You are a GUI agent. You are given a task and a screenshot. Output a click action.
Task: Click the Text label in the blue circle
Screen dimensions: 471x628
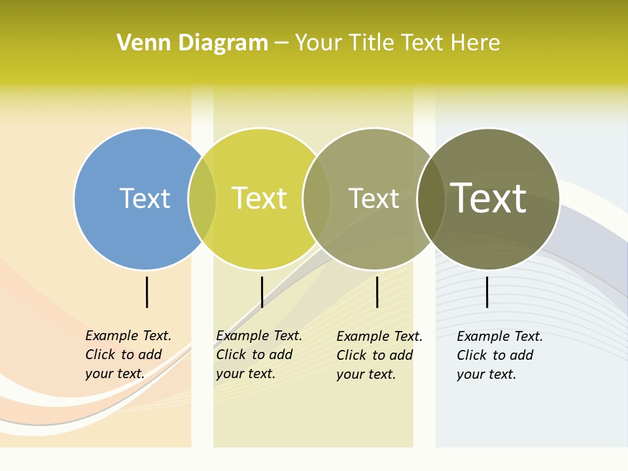(x=145, y=198)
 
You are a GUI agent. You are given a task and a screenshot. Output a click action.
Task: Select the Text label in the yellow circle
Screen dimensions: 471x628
(x=259, y=198)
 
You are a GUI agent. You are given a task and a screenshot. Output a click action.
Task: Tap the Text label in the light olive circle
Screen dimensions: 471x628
(x=374, y=198)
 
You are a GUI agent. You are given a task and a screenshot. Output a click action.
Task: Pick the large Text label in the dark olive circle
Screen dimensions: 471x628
(x=488, y=198)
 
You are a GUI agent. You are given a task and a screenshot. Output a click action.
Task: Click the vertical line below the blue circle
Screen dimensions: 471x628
(x=147, y=292)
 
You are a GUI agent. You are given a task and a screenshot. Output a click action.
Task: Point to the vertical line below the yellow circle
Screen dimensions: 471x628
(x=262, y=292)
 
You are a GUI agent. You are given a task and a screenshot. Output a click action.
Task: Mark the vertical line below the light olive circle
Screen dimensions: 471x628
(x=377, y=292)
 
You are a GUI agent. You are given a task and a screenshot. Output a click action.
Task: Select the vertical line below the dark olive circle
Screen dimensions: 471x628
(x=487, y=292)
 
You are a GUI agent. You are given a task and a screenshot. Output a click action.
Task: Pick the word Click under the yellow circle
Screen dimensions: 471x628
(x=230, y=355)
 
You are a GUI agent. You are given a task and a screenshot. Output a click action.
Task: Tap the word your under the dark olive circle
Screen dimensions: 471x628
(x=470, y=374)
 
